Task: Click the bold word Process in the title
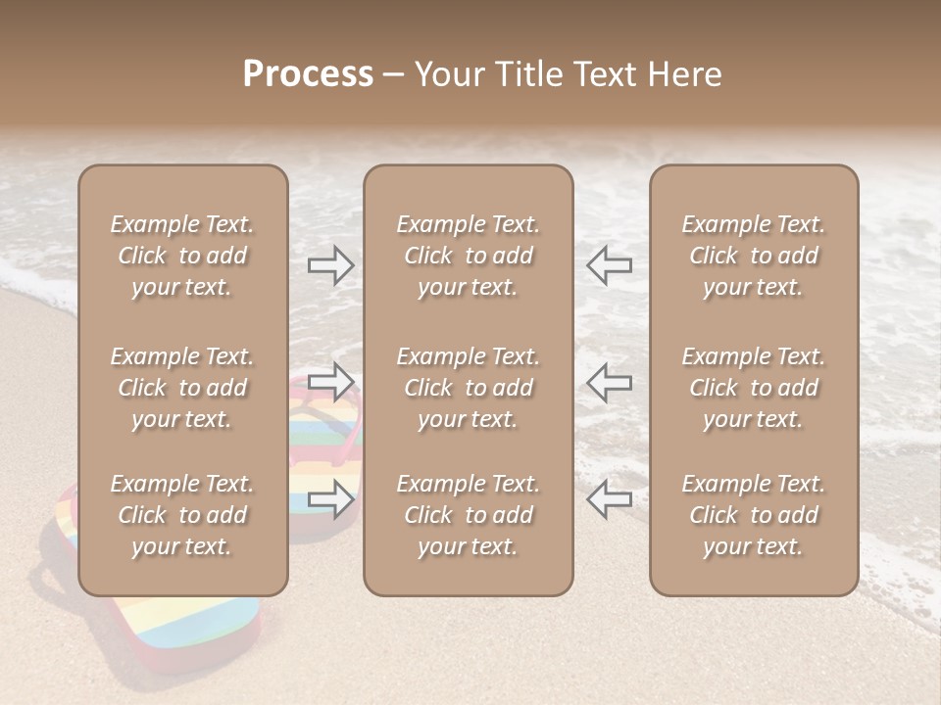308,74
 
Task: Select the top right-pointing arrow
330,264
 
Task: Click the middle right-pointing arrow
330,381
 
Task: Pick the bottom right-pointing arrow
330,498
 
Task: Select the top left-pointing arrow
609,264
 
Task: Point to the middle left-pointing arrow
609,381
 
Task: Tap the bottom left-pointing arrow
609,498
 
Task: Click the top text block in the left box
182,256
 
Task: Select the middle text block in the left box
182,388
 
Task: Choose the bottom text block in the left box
182,515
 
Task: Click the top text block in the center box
468,256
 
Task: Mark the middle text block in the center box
468,388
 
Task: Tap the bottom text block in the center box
468,515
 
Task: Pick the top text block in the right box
753,256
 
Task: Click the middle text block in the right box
753,388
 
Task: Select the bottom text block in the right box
753,515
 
